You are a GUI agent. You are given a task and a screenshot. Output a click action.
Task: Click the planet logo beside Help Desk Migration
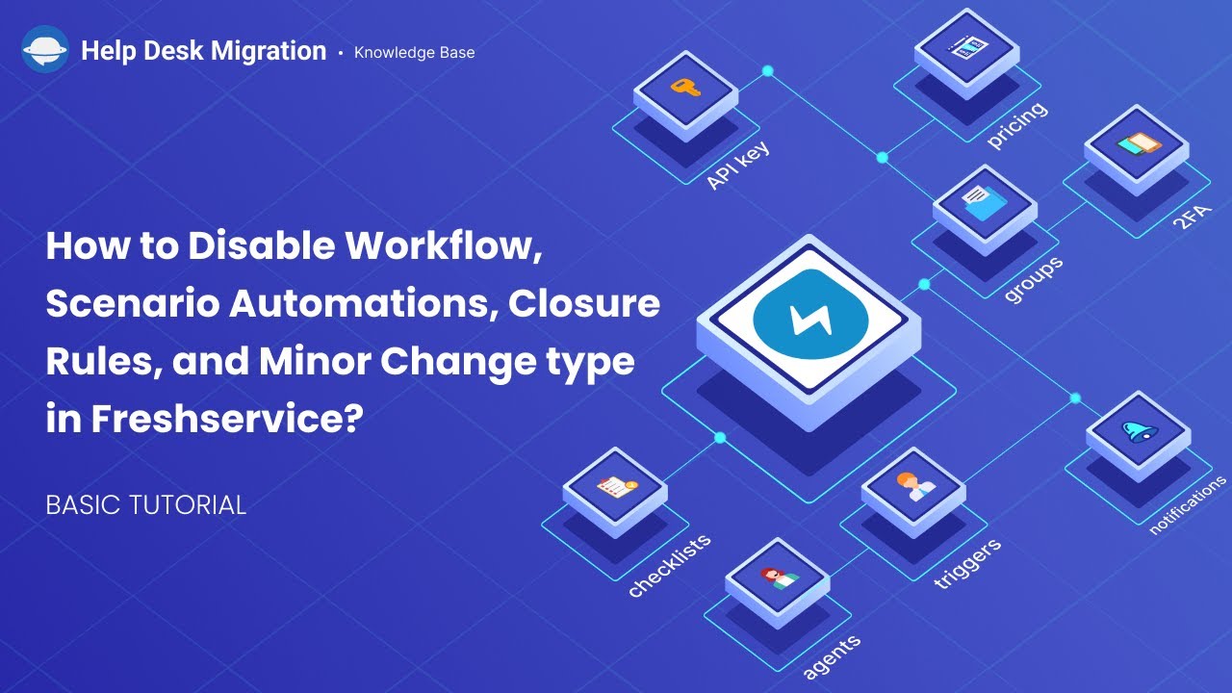(44, 51)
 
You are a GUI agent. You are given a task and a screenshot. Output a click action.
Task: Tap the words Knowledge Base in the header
(414, 52)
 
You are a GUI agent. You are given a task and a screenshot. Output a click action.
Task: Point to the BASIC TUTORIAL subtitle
(146, 504)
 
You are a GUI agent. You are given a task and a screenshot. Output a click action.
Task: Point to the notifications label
(1188, 504)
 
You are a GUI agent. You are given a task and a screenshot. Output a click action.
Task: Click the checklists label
(669, 566)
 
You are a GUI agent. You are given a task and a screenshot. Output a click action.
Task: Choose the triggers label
(967, 563)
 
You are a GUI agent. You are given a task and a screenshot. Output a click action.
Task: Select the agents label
(832, 654)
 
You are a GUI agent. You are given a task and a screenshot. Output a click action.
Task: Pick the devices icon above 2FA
(1139, 144)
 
